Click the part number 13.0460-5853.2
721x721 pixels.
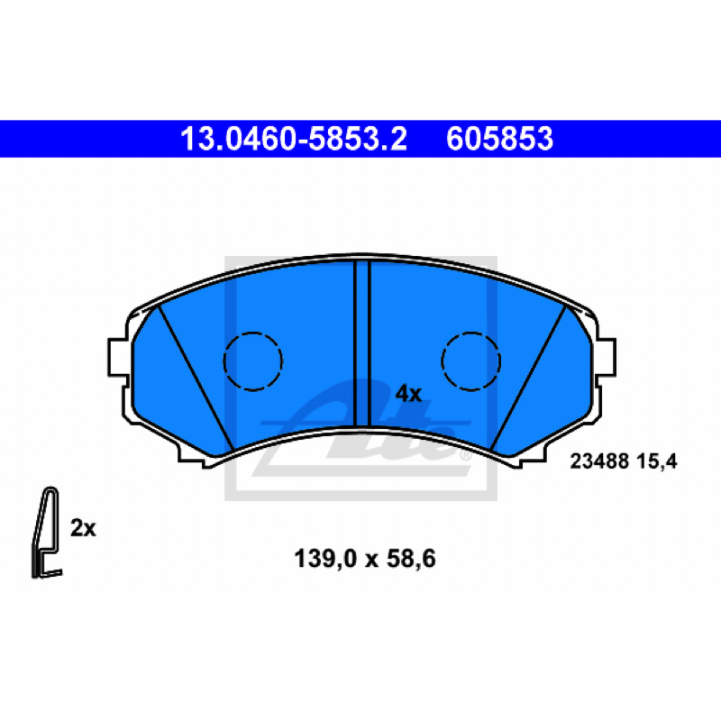(x=294, y=139)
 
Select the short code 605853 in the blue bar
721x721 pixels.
(x=499, y=139)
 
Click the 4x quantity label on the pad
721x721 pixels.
(x=408, y=394)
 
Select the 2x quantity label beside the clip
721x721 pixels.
(x=83, y=528)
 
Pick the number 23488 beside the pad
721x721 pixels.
(x=599, y=461)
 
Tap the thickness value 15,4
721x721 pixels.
(x=657, y=461)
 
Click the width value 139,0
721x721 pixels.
(x=325, y=559)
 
